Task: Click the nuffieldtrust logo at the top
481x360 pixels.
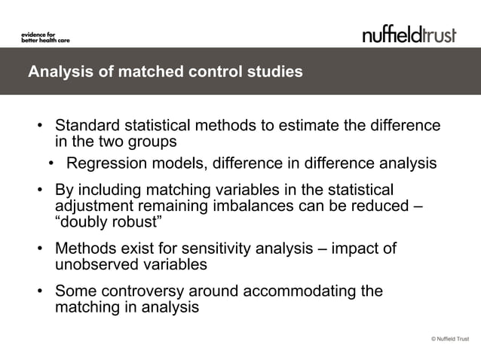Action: tap(409, 34)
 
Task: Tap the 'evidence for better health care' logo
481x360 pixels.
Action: tap(44, 37)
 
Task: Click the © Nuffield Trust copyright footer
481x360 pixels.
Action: tap(449, 340)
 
